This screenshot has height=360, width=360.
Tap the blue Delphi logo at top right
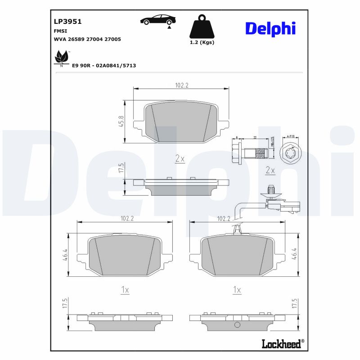[x=270, y=28]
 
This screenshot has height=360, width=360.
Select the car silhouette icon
[x=157, y=20]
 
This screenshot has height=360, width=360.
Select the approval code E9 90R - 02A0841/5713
[x=104, y=66]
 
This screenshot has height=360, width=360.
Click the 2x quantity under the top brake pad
[x=180, y=158]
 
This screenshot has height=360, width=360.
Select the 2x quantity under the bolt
[x=270, y=170]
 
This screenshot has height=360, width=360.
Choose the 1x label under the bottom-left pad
[x=125, y=290]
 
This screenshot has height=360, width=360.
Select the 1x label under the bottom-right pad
[x=237, y=290]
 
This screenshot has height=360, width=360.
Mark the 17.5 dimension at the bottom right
[x=295, y=303]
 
